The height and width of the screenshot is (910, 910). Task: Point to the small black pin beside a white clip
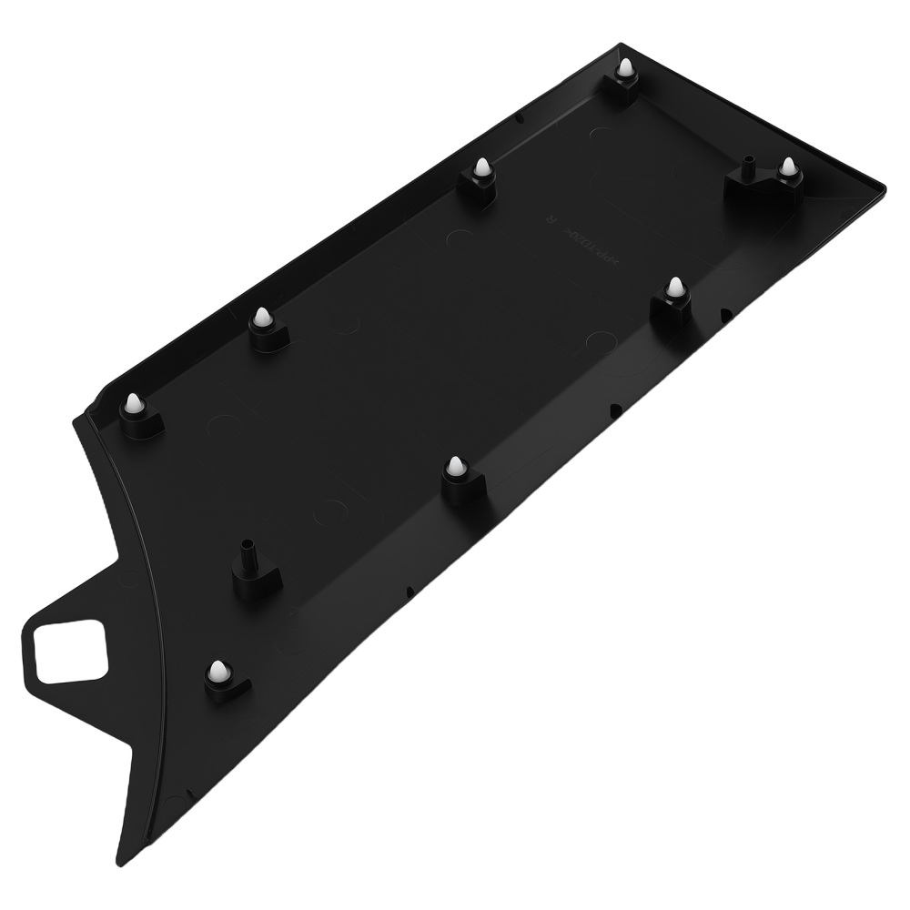pos(748,166)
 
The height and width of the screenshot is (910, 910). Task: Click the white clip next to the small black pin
pos(787,167)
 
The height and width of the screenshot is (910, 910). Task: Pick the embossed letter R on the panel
pos(549,217)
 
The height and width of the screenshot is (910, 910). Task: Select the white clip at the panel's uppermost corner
pos(626,69)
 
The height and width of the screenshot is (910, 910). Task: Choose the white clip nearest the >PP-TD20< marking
pos(674,288)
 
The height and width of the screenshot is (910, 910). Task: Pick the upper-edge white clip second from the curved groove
pos(262,318)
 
